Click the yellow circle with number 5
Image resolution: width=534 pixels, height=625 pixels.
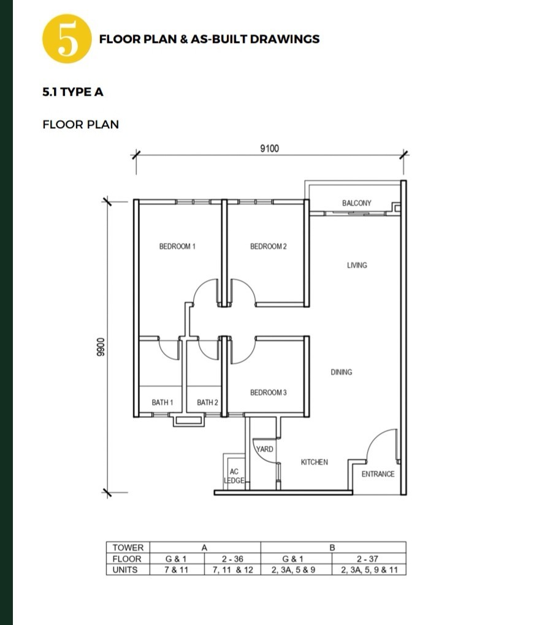[67, 39]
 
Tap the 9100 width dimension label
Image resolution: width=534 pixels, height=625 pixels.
[269, 148]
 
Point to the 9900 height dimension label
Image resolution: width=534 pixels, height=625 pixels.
[101, 347]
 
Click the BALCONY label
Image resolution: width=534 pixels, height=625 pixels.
[357, 203]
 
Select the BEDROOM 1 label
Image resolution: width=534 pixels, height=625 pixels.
[177, 247]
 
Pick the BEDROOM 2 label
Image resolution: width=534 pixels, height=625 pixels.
[268, 247]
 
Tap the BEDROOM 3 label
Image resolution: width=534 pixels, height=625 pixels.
[268, 393]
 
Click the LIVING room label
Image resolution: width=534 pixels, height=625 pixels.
[357, 265]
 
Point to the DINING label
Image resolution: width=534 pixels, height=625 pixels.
[341, 372]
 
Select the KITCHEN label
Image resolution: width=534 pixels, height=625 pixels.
[314, 462]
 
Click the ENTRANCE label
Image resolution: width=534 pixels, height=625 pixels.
[378, 474]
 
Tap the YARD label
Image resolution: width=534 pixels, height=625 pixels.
[265, 449]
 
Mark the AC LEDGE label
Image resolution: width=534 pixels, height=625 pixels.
[234, 476]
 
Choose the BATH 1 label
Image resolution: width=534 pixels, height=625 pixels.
[162, 402]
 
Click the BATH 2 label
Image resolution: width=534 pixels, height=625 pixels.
[207, 402]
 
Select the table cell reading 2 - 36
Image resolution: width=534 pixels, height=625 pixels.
[232, 559]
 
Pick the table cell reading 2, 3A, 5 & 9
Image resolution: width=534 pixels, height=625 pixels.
[293, 570]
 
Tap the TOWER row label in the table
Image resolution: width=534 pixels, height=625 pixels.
[128, 548]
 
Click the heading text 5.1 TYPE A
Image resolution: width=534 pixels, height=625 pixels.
[73, 92]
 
